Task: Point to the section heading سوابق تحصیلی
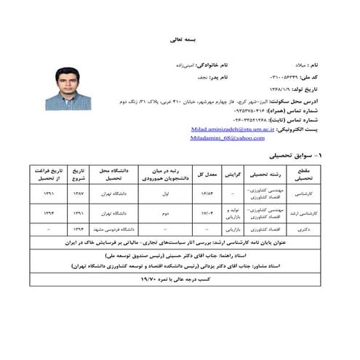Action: [x=291, y=156]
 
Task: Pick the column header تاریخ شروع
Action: [x=78, y=174]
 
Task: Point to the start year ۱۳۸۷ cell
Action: [x=78, y=194]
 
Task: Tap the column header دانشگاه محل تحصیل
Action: [x=117, y=174]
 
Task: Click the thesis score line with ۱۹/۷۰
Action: [x=180, y=279]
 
